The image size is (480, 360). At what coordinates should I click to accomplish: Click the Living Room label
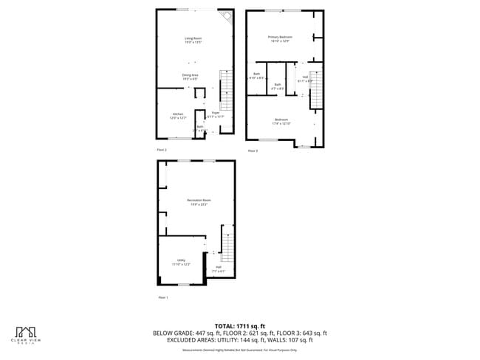tap(193, 40)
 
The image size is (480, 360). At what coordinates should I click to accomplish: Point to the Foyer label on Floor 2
tap(216, 115)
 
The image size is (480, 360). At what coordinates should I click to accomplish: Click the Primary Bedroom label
tap(280, 38)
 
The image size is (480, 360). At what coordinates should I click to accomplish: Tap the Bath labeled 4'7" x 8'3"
tap(278, 86)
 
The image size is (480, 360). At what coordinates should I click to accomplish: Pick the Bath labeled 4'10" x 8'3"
tap(257, 75)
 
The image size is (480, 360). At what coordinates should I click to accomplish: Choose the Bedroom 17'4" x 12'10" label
tap(281, 121)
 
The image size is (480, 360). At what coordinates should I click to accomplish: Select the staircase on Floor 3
tap(315, 88)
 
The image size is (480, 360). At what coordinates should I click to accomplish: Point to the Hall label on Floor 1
tap(219, 269)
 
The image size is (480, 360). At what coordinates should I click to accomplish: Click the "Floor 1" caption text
tap(163, 297)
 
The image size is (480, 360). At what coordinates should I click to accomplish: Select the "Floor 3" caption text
tap(253, 150)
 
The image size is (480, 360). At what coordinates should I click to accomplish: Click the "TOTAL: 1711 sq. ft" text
tap(239, 325)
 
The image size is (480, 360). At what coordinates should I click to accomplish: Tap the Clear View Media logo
tap(27, 334)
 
